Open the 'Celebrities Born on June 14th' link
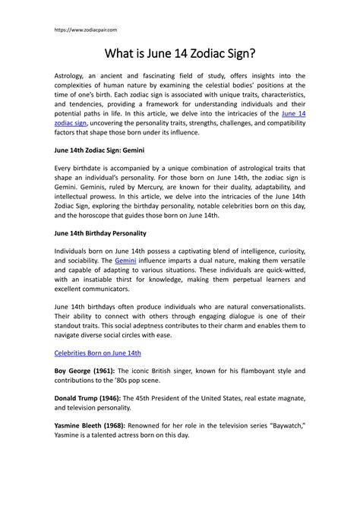tap(98, 353)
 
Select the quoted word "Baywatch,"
tap(279, 425)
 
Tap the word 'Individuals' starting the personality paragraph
tap(76, 249)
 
